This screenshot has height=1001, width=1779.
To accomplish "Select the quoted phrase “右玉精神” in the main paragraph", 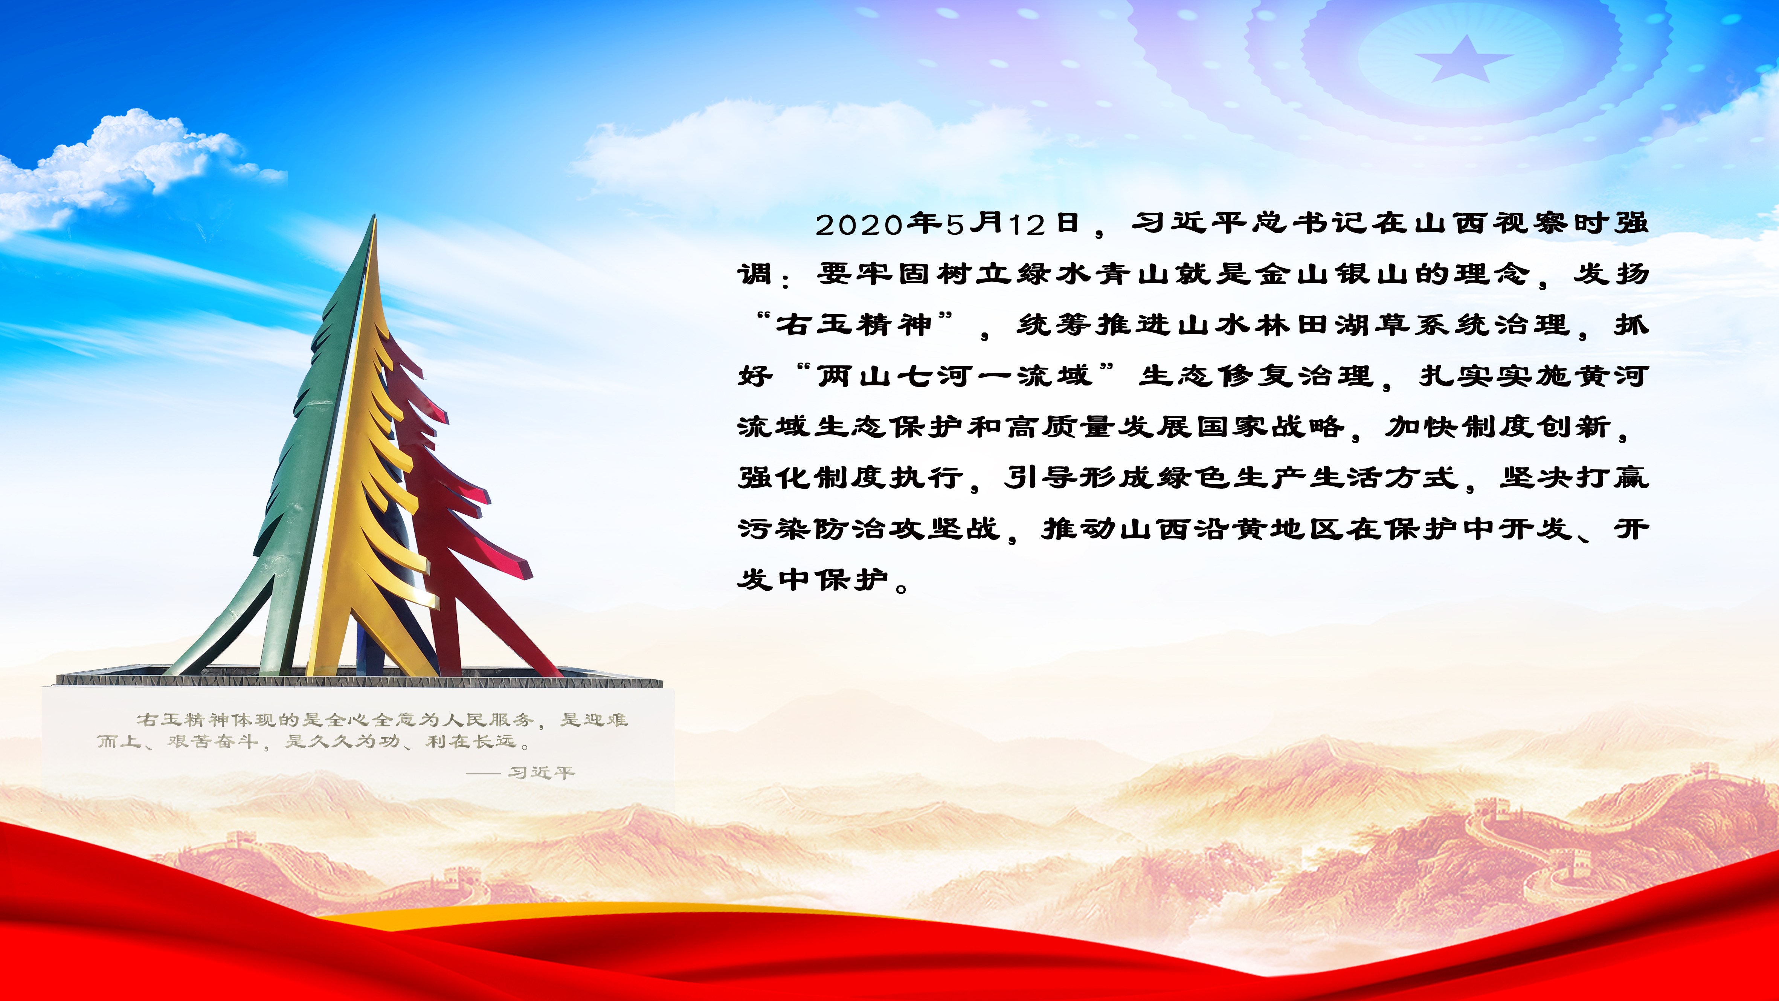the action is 855,325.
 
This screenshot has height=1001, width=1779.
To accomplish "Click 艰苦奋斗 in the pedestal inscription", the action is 213,742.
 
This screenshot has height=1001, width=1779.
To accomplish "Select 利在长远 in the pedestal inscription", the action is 471,742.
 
